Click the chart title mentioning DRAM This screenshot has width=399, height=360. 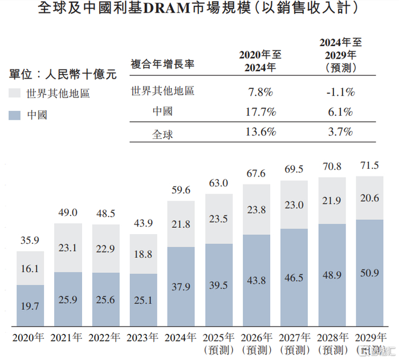click(x=199, y=9)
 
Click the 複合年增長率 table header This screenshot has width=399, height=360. click(x=162, y=63)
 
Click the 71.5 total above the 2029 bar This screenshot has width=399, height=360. click(x=373, y=166)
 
